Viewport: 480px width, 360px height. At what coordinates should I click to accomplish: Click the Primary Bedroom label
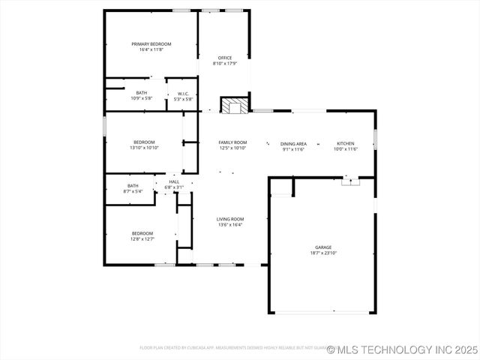click(x=151, y=44)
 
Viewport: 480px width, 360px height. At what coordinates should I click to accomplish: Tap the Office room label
click(x=225, y=58)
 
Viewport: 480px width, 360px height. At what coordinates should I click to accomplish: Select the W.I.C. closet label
click(x=183, y=94)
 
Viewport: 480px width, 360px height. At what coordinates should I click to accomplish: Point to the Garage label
click(x=323, y=247)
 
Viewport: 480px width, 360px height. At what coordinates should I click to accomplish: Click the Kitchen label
click(x=345, y=143)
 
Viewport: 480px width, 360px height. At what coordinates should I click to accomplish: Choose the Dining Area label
click(x=293, y=143)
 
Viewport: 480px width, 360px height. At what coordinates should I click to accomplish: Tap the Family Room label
click(x=232, y=142)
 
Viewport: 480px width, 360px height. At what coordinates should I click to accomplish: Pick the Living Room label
click(x=230, y=219)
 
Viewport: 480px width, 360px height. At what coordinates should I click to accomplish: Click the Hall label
click(x=174, y=181)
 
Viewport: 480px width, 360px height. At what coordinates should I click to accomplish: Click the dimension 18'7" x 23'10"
click(x=323, y=253)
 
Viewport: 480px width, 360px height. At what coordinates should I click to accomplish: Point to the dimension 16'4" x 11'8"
click(x=151, y=49)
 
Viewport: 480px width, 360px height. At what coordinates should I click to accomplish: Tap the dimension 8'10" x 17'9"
click(x=225, y=64)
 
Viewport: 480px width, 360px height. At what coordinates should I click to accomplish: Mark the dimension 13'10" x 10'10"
click(x=144, y=148)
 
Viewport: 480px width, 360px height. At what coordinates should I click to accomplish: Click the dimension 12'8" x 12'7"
click(x=142, y=239)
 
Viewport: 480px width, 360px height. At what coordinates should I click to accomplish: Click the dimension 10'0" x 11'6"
click(x=345, y=149)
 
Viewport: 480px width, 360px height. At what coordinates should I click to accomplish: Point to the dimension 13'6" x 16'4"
click(x=230, y=225)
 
